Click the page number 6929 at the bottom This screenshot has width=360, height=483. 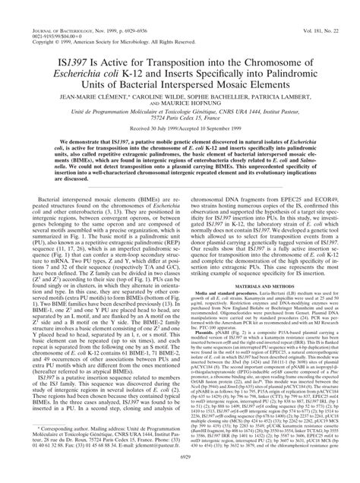[x=180, y=475]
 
